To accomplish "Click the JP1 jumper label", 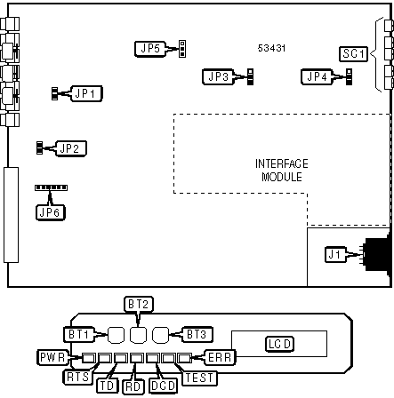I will click(87, 92).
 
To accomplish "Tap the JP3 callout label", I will click(217, 77).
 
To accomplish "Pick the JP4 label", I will click(317, 77).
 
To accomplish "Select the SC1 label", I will click(353, 54).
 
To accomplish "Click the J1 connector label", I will click(335, 256).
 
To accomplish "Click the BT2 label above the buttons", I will click(137, 305).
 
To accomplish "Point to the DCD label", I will click(162, 386).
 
